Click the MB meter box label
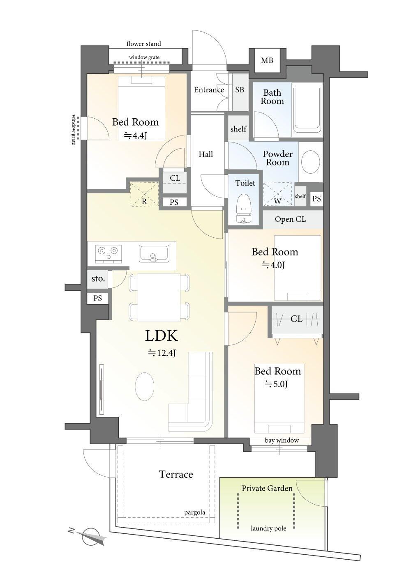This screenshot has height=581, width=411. click(267, 60)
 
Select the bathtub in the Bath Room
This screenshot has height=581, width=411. click(307, 110)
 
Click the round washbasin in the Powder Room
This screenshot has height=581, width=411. click(311, 161)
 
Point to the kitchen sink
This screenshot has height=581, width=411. click(154, 253)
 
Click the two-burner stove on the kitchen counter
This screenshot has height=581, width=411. click(108, 253)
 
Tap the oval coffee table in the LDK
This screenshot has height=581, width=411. click(145, 386)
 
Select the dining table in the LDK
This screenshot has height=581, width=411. click(159, 297)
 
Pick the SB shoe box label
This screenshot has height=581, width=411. click(240, 90)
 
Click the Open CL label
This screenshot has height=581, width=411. click(290, 219)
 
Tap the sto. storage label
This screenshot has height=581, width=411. click(98, 279)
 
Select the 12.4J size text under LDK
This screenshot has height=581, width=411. click(162, 353)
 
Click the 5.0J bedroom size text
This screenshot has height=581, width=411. click(276, 384)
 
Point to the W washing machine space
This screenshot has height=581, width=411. click(277, 194)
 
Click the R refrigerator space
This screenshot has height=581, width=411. click(144, 194)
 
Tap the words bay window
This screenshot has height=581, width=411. click(282, 440)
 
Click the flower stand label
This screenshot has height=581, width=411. click(143, 44)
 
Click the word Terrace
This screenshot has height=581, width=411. click(176, 474)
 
